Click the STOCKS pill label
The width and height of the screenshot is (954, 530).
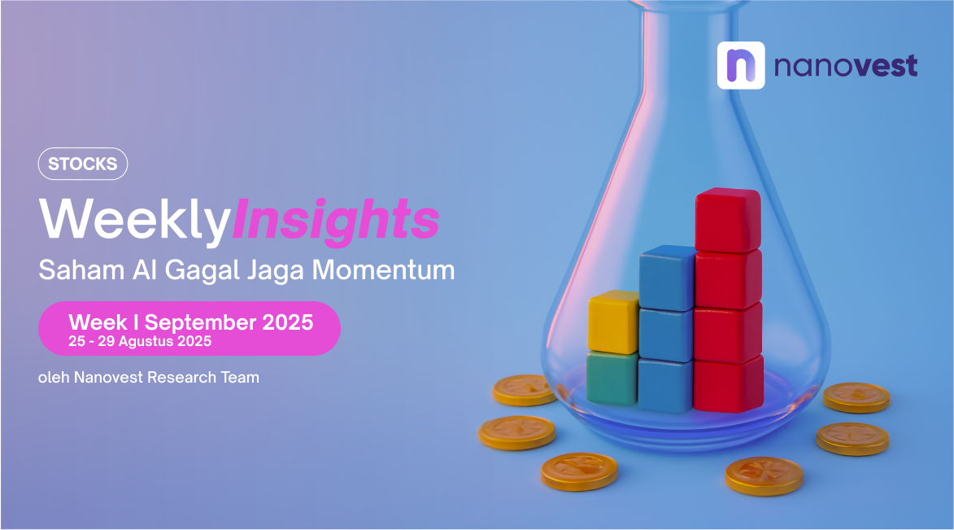[83, 164]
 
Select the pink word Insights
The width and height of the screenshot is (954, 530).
[335, 220]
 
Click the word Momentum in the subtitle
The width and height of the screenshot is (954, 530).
[383, 269]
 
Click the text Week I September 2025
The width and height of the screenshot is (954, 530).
[191, 322]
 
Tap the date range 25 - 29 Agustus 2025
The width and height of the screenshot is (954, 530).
[140, 341]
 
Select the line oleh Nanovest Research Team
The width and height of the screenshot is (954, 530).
[149, 378]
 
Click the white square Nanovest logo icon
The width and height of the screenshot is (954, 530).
[740, 65]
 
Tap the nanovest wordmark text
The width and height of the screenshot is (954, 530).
[846, 66]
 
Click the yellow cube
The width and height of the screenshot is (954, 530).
[613, 322]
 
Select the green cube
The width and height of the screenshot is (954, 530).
[612, 378]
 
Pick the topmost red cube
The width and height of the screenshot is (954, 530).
[728, 220]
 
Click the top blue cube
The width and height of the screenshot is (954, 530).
[668, 278]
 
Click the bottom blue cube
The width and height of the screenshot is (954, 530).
[665, 386]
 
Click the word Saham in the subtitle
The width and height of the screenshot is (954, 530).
[81, 269]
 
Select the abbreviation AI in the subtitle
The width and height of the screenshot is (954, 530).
[145, 269]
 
